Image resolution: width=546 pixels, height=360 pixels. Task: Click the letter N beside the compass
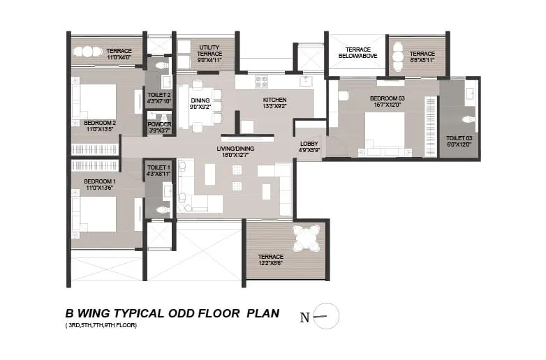(304, 317)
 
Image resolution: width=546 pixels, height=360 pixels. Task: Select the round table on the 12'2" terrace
(306, 238)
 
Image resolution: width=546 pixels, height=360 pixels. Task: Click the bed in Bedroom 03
(384, 133)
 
